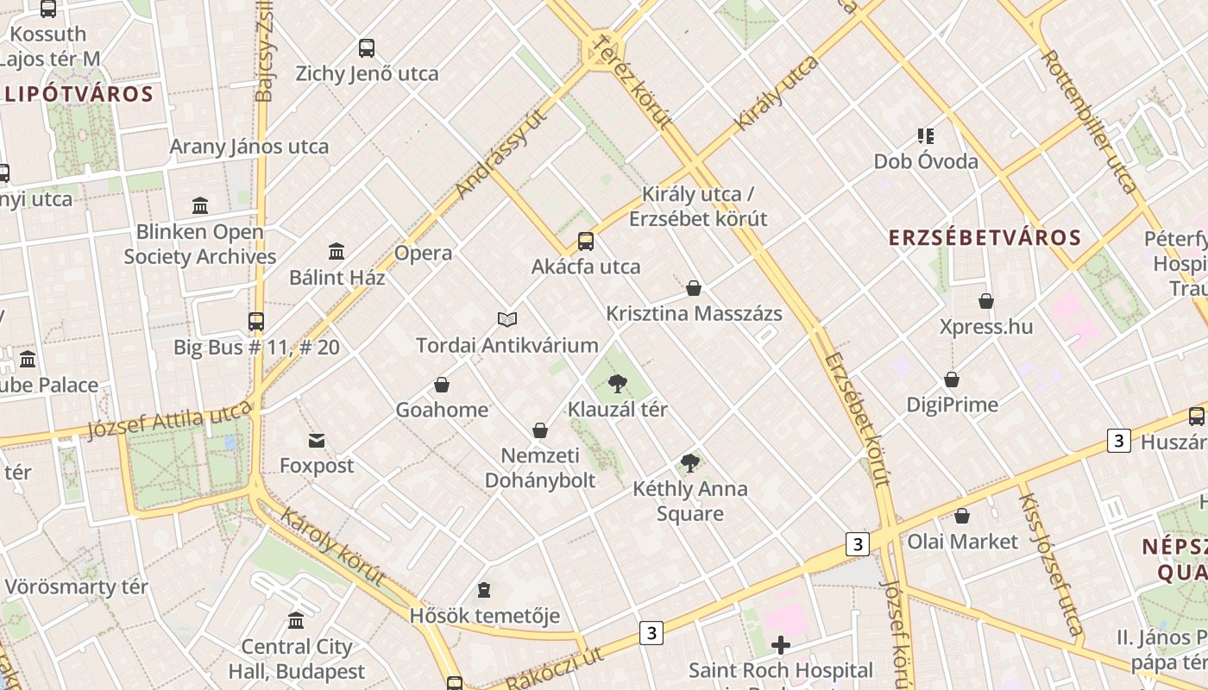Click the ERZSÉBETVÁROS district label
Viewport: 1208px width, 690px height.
pos(985,238)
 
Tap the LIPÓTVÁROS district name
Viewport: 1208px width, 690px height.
pos(79,94)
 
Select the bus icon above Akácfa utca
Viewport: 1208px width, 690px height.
pos(586,241)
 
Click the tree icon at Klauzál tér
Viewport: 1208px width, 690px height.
pos(617,384)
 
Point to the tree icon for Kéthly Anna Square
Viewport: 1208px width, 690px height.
pos(689,464)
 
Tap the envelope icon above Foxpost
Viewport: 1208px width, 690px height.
pos(317,441)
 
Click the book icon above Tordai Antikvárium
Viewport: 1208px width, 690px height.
pos(507,320)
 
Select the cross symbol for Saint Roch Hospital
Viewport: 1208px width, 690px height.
pos(781,645)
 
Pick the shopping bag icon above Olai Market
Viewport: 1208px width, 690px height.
pos(962,517)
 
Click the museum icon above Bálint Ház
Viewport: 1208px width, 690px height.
pos(337,252)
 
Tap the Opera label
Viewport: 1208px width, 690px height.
pos(423,253)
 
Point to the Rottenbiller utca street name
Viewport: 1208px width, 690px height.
pos(1089,121)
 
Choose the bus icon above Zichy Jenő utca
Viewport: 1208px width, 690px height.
pos(367,48)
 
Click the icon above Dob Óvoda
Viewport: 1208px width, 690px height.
pos(926,135)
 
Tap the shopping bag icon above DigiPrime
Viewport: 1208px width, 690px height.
pos(952,379)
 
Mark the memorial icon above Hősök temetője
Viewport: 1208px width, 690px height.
pos(484,590)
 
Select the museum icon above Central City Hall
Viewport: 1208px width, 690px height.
pos(296,620)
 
